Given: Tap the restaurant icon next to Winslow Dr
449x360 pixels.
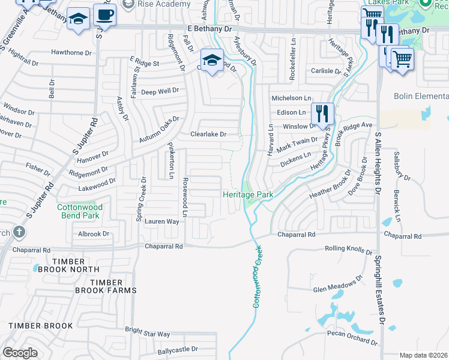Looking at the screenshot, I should pos(322,113).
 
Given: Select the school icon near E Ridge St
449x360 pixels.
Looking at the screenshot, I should pos(211,61).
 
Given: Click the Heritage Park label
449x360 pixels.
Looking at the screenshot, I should pos(248,194).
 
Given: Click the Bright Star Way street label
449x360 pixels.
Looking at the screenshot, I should pos(147,333).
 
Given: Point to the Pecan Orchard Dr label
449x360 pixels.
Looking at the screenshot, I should pos(352,337).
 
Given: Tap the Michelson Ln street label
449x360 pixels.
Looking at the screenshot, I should pos(292,98).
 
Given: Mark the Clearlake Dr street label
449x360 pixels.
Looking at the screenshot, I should pos(208,134).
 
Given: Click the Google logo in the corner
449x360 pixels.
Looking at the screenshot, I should pos(20,353).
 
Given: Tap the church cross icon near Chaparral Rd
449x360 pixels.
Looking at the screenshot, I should pos(19,232).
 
